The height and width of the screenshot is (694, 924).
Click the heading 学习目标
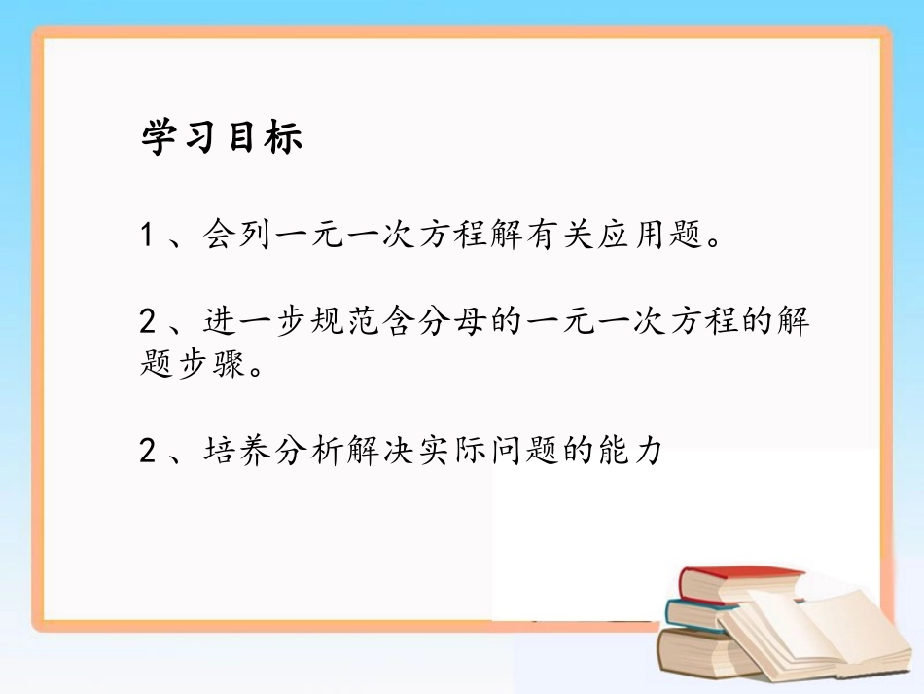[x=222, y=138]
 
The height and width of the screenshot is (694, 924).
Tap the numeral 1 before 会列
[x=148, y=235]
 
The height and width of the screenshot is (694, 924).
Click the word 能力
[x=637, y=451]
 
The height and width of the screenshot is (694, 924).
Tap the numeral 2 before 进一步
[x=148, y=321]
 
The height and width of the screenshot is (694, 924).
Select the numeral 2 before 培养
[x=148, y=451]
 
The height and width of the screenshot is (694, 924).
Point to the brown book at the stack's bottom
[x=695, y=652]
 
